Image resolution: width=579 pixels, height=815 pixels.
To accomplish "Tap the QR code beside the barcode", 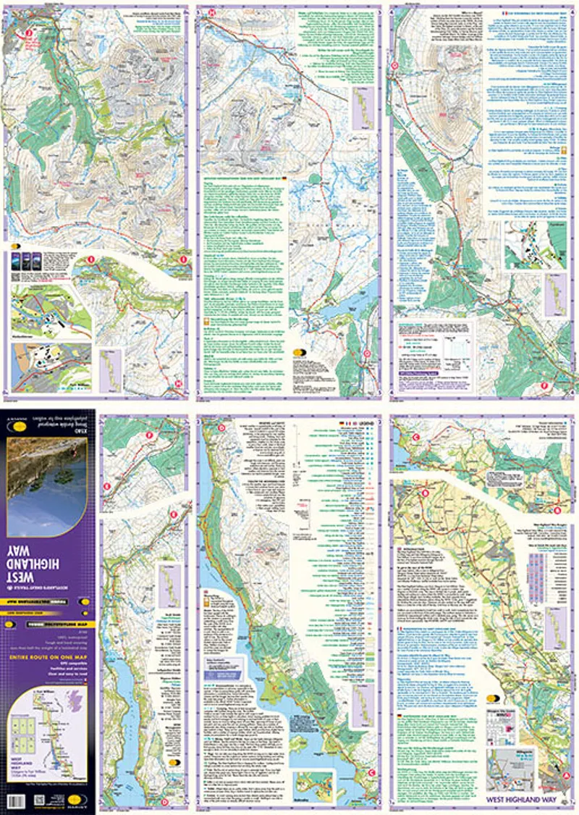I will click(39, 801).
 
